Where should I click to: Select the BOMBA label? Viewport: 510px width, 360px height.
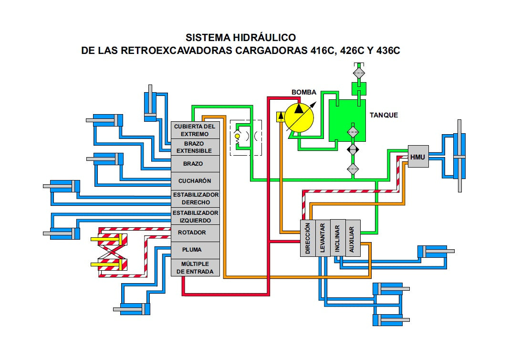click(304, 92)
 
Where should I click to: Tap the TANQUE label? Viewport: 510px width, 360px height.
click(384, 115)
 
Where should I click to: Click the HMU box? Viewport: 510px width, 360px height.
click(418, 157)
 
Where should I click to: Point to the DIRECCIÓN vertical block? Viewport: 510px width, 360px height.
click(308, 238)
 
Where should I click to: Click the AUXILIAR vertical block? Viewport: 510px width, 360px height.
click(353, 238)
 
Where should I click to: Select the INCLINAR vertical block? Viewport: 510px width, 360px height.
click(338, 238)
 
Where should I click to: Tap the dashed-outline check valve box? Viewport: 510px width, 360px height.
click(246, 138)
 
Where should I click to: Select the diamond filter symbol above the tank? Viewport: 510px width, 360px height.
click(359, 73)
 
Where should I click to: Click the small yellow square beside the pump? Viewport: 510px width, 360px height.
click(280, 116)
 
